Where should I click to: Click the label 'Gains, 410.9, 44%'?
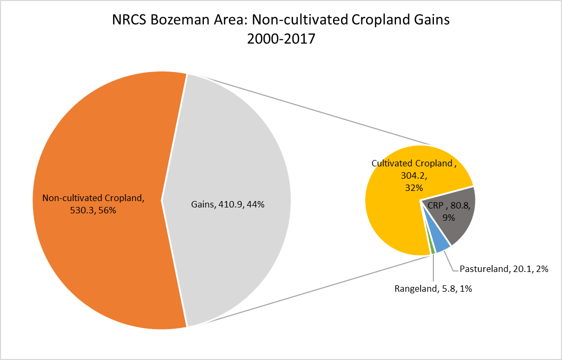pos(227,205)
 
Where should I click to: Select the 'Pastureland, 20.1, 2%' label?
pos(504,269)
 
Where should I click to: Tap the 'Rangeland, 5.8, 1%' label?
pos(433,289)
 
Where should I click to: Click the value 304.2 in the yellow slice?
pos(414,175)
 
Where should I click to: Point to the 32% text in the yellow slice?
pos(414,188)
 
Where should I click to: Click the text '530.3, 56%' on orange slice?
pos(93,210)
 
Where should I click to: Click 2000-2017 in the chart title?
pos(281,39)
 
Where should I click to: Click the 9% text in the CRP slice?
pos(448,217)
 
